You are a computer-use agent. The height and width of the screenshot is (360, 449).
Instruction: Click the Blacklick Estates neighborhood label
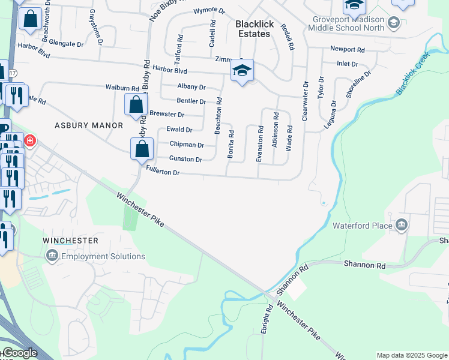255,28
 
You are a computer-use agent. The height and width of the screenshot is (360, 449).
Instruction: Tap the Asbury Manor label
89,125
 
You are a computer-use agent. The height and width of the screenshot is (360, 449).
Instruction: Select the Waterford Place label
361,226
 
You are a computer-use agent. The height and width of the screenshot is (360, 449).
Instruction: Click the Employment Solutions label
103,256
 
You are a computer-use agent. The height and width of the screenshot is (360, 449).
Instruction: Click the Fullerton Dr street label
163,172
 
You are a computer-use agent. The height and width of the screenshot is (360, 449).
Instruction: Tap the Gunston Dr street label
185,159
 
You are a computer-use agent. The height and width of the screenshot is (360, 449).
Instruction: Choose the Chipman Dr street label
187,145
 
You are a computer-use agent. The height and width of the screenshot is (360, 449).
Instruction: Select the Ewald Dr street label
179,130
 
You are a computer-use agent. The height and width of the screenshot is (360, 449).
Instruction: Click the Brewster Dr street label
167,114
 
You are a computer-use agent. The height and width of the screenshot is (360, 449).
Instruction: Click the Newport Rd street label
347,50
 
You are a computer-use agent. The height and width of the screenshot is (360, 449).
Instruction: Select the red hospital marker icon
29,141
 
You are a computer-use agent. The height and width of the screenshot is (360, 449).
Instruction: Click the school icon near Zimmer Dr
243,71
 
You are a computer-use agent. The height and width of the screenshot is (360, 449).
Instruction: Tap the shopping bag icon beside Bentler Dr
136,104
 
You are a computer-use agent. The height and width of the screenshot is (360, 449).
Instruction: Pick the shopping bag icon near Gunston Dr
142,148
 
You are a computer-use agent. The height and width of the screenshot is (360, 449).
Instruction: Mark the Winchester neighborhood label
70,241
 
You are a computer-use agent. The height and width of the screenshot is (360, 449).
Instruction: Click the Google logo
19,353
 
